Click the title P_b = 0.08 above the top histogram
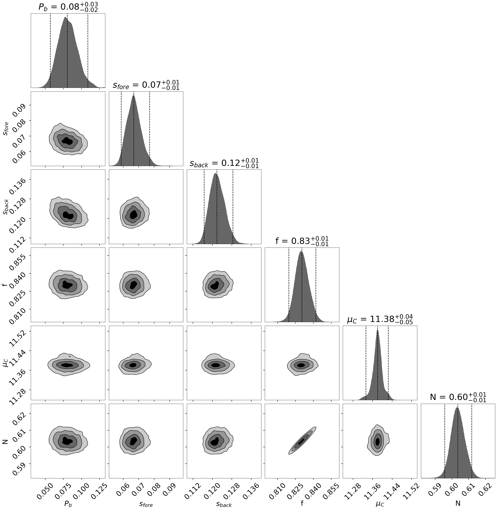point(68,7)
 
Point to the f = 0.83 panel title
point(302,241)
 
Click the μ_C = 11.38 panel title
point(380,319)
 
